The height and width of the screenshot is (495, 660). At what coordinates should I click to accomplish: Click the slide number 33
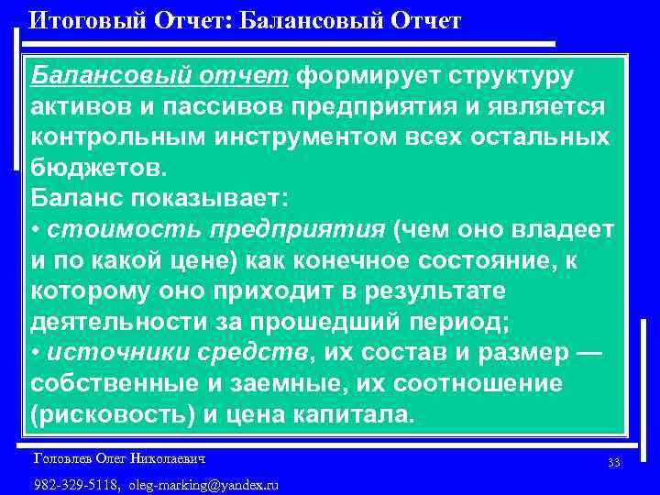coord(613,463)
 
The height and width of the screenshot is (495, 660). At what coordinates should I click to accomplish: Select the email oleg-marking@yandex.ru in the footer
coord(203,484)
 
